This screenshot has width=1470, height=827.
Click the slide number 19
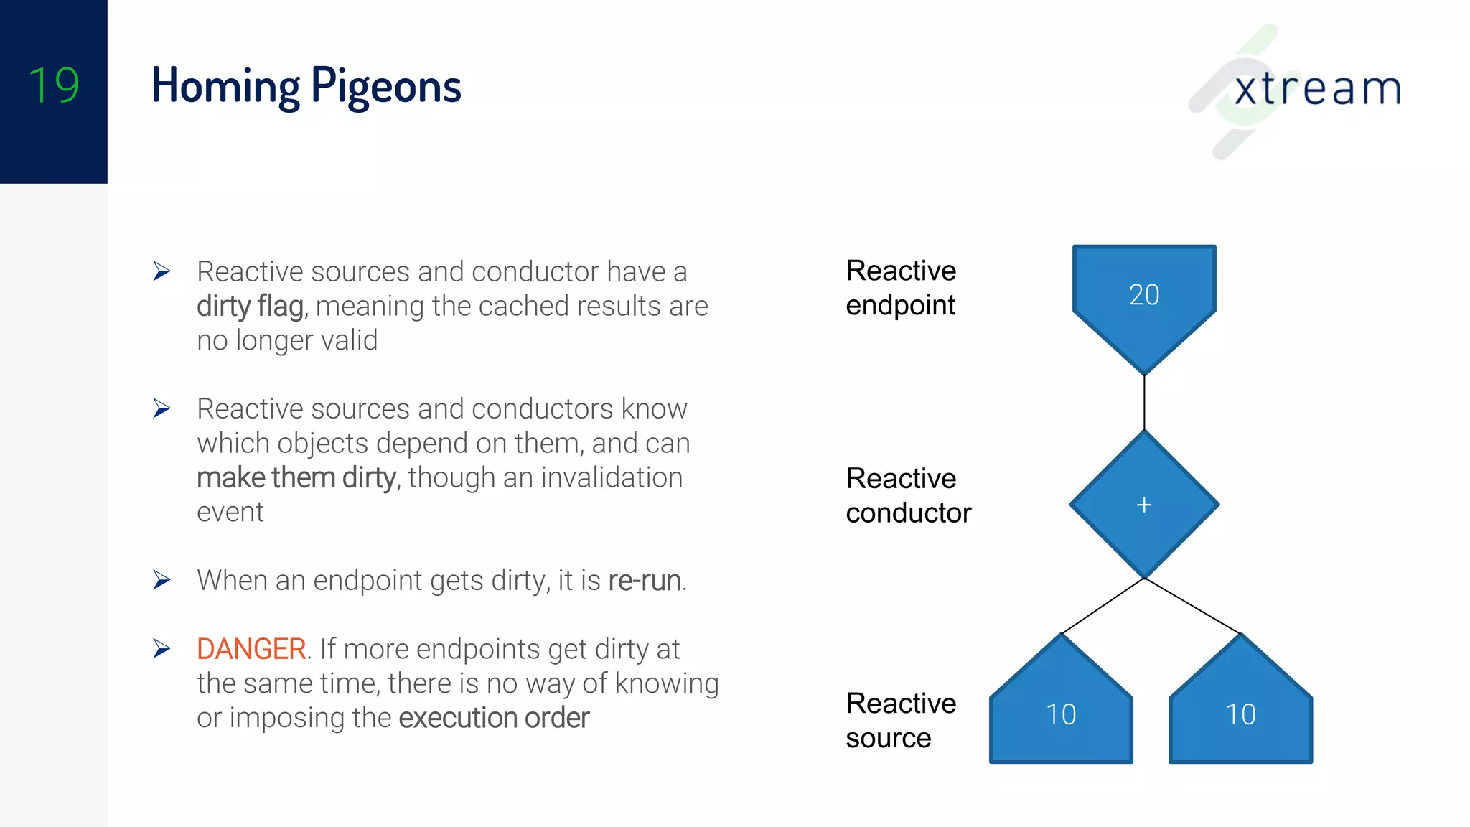(54, 85)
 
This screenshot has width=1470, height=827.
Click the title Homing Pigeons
(306, 86)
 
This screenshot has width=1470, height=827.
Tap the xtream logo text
(1317, 89)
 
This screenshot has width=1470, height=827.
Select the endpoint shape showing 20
(1143, 295)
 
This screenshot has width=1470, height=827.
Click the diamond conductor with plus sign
(1143, 505)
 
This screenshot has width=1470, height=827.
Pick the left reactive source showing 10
(1061, 714)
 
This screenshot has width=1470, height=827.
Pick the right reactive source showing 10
(1240, 714)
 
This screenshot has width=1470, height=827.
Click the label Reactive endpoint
(901, 288)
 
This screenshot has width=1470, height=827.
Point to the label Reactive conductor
(908, 495)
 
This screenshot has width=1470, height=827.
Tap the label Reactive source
(901, 720)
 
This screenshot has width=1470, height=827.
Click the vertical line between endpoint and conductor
(1144, 402)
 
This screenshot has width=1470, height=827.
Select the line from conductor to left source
(1102, 607)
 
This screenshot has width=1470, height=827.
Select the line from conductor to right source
(1192, 606)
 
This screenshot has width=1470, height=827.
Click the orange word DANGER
(251, 649)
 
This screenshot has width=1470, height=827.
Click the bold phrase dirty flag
(251, 307)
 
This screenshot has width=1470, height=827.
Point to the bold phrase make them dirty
(296, 478)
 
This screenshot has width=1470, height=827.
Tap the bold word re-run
(645, 581)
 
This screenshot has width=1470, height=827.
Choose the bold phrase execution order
(494, 718)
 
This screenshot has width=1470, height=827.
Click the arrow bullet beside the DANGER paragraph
(161, 649)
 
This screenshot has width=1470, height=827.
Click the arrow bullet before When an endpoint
(161, 580)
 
